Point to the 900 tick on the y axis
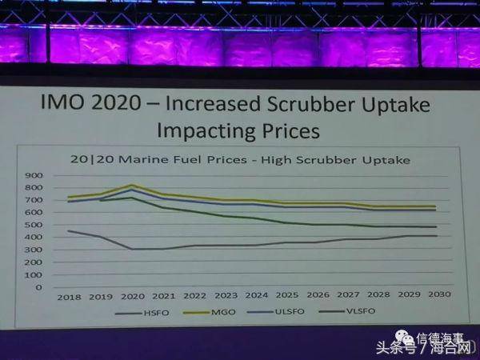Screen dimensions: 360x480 34,174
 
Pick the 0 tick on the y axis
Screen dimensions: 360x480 38,286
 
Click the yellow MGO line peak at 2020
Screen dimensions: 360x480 131,186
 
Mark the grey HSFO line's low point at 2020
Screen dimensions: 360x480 131,249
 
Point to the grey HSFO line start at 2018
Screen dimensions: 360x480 69,231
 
